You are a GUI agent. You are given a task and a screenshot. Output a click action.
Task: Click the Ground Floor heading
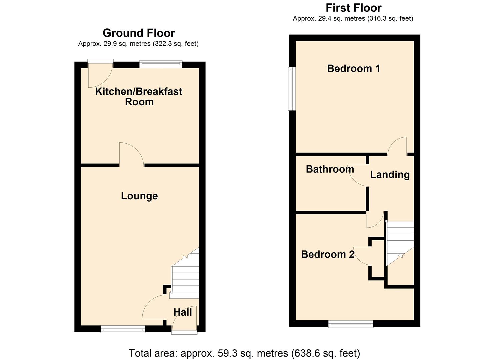pos(139,33)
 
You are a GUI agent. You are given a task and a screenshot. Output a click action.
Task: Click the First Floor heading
pos(353,8)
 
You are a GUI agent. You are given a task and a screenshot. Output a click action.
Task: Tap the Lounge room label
pos(139,196)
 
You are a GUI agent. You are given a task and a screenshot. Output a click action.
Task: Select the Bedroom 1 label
pos(353,68)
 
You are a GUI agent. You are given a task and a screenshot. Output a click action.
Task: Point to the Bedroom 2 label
pos(328,254)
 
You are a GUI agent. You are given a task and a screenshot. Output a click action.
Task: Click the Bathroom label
pos(330,169)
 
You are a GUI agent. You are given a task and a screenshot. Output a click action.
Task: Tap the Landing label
pos(390,174)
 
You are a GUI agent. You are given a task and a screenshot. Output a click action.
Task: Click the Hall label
pos(183,312)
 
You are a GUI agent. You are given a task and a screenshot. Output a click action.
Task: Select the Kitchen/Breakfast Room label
pos(139,96)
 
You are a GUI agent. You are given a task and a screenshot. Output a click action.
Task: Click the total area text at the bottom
pos(244,353)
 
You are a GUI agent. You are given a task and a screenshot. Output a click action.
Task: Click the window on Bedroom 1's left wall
pos(292,89)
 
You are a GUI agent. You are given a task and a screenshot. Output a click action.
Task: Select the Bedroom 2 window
pos(351,323)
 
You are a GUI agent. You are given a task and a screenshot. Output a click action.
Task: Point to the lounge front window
pos(123,329)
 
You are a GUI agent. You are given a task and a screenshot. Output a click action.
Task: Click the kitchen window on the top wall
pos(161,64)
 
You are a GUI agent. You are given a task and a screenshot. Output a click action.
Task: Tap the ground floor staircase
pos(185,277)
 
